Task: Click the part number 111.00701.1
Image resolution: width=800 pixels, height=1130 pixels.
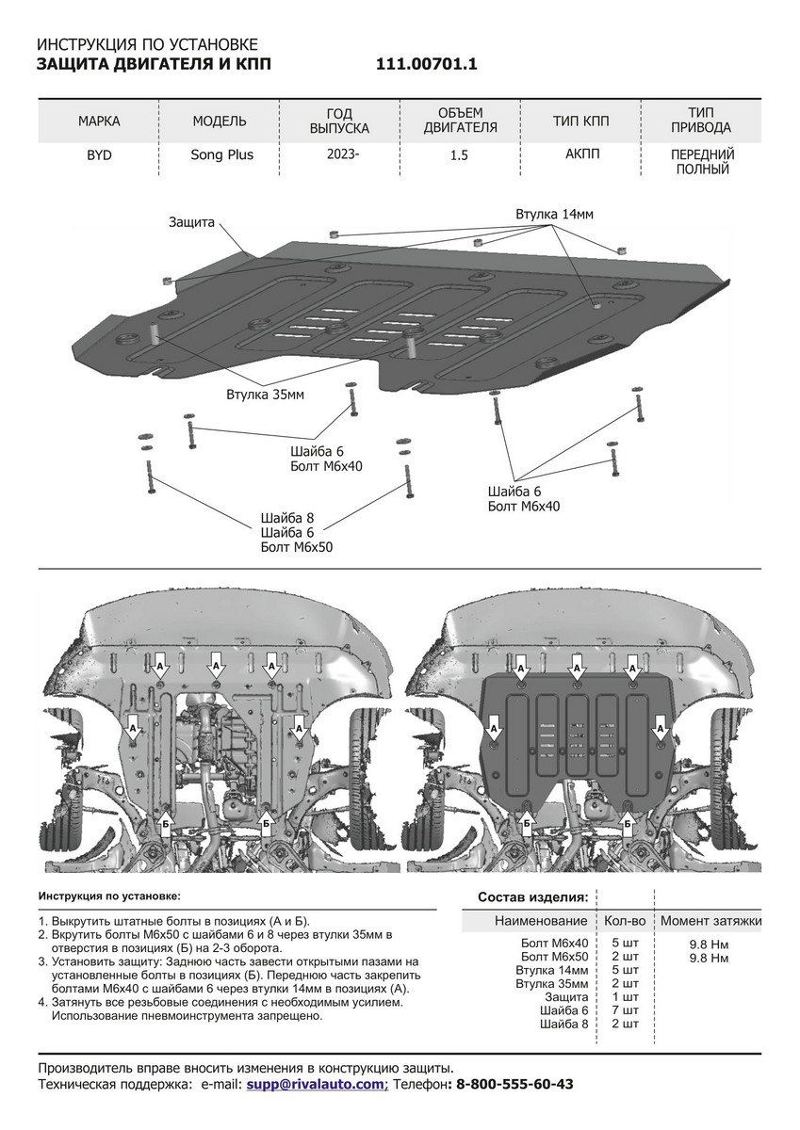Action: click(x=427, y=64)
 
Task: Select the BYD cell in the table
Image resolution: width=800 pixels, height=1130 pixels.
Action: click(x=98, y=155)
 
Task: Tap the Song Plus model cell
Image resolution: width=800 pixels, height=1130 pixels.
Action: click(x=220, y=155)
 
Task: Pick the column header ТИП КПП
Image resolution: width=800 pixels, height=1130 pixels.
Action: click(x=580, y=121)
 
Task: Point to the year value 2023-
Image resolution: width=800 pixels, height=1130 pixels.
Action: click(x=340, y=155)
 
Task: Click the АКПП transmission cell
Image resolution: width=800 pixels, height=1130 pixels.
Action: click(x=580, y=155)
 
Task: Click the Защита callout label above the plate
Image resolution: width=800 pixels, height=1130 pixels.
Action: click(x=192, y=222)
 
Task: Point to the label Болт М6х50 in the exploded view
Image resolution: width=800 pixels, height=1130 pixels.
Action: click(x=297, y=546)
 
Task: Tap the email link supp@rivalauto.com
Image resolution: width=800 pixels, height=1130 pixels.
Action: click(x=317, y=1085)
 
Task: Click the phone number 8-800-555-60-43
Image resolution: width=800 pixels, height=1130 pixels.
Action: click(x=514, y=1085)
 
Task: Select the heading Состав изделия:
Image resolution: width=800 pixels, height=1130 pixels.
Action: click(x=533, y=896)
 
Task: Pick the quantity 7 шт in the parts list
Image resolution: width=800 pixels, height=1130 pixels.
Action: click(x=624, y=1009)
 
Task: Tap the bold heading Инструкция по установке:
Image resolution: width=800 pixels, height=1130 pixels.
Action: click(x=109, y=896)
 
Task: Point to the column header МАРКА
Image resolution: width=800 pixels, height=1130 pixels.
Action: click(x=99, y=121)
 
